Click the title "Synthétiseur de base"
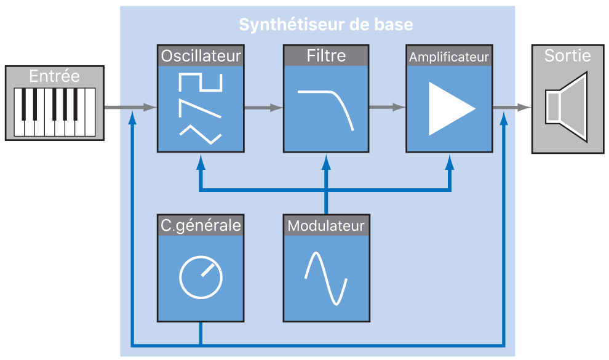pos(325,25)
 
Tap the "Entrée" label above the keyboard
pos(54,76)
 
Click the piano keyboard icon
pos(55,111)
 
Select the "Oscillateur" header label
pos(201,56)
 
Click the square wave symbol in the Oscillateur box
pos(199,82)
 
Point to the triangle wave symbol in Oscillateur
pos(199,133)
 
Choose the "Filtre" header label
pos(326,56)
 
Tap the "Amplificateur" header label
pos(449,57)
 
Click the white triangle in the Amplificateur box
pos(450,108)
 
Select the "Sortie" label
pos(567,56)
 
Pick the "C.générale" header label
pos(201,225)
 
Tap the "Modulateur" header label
pos(326,225)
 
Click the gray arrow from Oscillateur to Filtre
pos(263,108)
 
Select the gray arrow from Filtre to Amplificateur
pos(387,107)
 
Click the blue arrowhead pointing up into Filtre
pos(326,161)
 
